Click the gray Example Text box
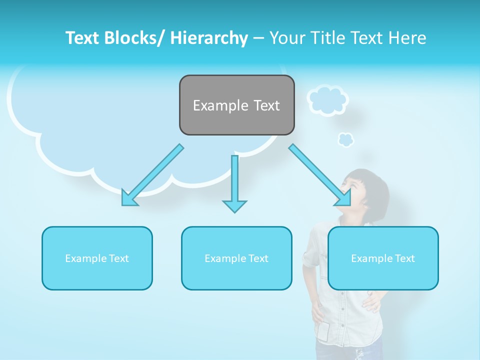(x=236, y=105)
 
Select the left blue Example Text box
(x=97, y=258)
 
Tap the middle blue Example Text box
(x=236, y=258)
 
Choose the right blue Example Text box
(x=383, y=258)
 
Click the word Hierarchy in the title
(x=209, y=38)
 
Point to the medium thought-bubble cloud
(x=327, y=100)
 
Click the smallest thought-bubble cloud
(x=345, y=139)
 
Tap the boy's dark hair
(x=372, y=185)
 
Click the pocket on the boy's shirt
(x=324, y=331)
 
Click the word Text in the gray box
(x=266, y=105)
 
